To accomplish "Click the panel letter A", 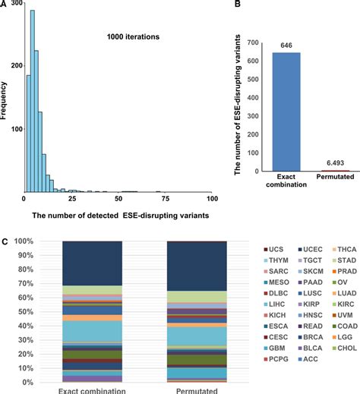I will point(5,5).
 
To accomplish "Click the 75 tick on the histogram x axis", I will point(166,200).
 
